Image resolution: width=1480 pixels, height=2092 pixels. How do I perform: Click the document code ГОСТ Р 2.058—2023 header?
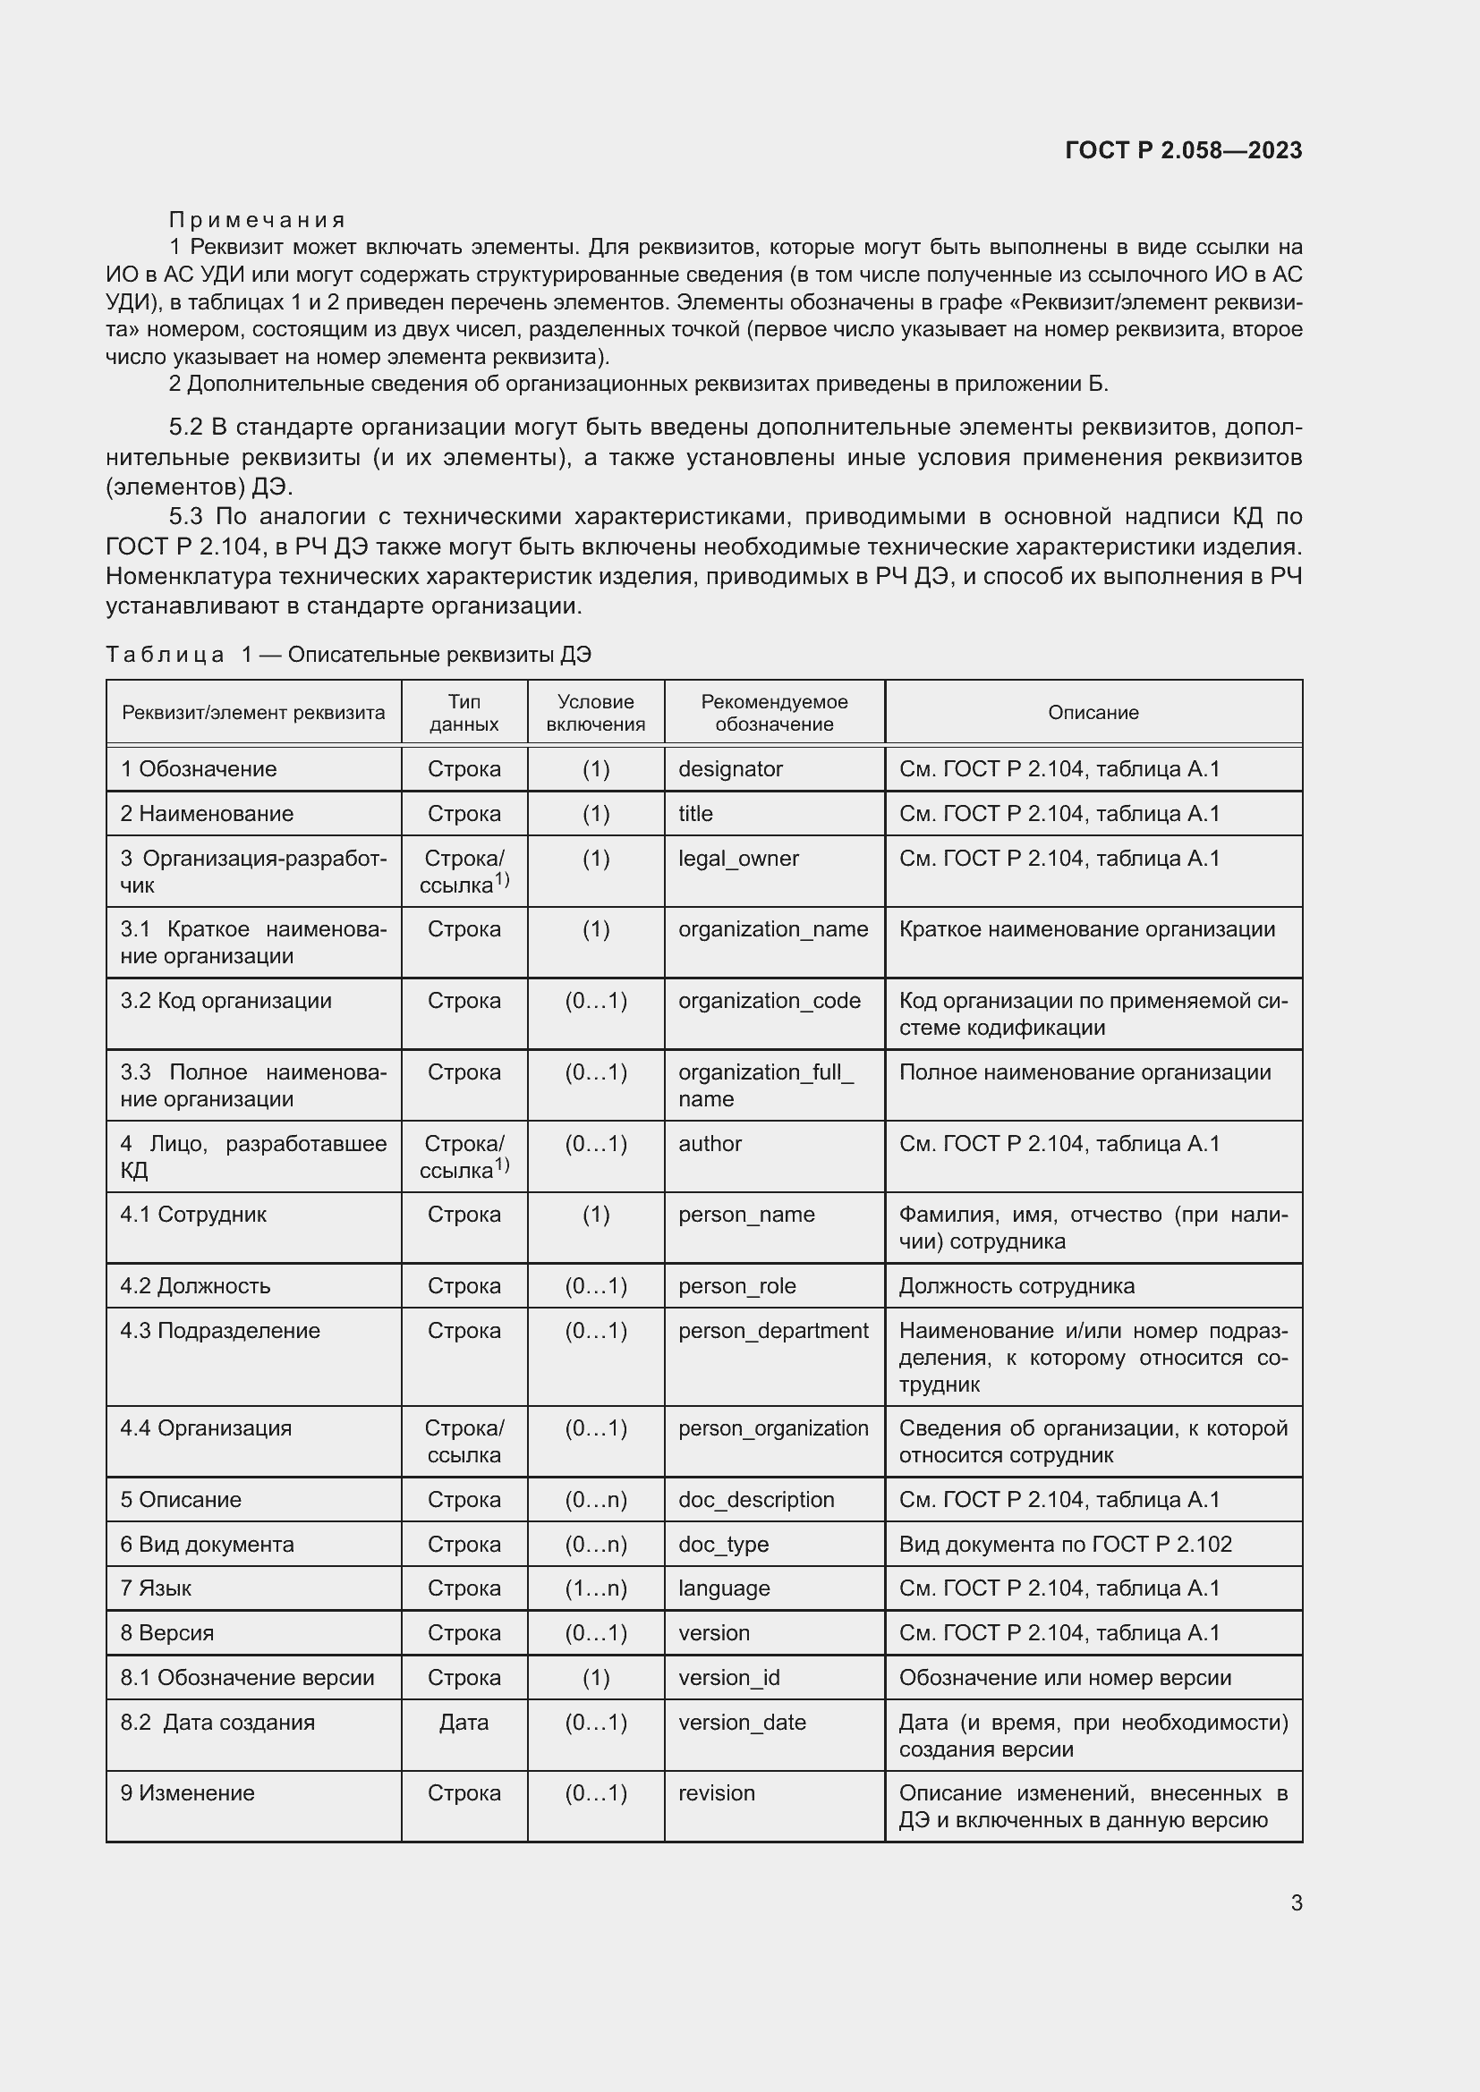[1183, 150]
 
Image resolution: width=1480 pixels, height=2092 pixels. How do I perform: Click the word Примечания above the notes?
[258, 220]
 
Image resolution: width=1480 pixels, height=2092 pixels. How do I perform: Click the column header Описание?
[1093, 713]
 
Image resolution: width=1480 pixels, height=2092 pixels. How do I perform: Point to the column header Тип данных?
[464, 713]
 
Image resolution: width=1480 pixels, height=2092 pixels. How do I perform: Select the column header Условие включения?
[595, 713]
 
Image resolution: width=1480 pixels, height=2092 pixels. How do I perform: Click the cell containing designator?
[730, 769]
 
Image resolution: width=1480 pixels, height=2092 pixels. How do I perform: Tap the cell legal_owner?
[738, 859]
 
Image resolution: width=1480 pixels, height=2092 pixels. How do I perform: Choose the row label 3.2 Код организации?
[226, 1001]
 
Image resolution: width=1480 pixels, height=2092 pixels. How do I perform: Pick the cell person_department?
[773, 1330]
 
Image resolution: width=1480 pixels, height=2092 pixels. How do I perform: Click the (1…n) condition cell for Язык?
[595, 1588]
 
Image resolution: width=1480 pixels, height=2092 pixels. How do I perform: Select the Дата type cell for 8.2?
[464, 1722]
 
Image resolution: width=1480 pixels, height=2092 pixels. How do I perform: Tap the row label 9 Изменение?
[188, 1793]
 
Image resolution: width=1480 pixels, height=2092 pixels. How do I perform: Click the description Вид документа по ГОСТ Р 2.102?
[1065, 1545]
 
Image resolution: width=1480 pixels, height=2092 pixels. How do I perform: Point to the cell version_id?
[729, 1677]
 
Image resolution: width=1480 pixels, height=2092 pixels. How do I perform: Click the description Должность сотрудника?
[1016, 1285]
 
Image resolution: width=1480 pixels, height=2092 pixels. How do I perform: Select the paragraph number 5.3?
[186, 517]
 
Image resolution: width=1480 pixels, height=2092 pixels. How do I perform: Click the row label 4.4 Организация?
[206, 1427]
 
